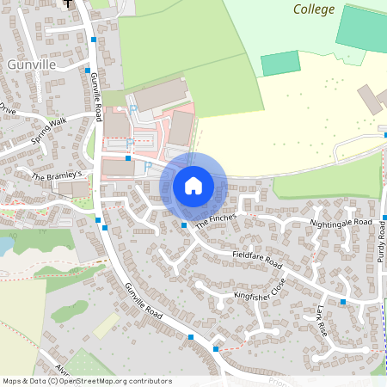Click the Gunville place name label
tap(31, 64)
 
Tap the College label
tap(313, 9)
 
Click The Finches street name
tap(214, 220)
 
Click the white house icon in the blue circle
tap(193, 186)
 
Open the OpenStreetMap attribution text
tap(87, 381)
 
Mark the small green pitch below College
tap(280, 63)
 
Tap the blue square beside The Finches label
tap(185, 225)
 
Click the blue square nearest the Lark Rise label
tap(343, 302)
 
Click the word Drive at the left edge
tap(8, 110)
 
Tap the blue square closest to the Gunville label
tap(88, 71)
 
